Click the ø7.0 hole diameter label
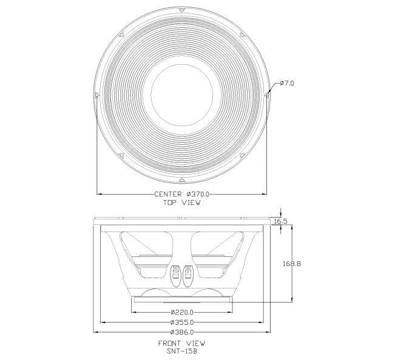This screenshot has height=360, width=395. pos(287,83)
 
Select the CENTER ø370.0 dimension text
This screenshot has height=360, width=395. pos(181,194)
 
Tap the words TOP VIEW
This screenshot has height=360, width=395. pos(181,202)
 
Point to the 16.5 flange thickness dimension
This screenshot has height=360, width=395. pos(280,221)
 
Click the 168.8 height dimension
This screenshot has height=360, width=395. pos(291,264)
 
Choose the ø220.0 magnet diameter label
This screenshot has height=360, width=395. pos(182,313)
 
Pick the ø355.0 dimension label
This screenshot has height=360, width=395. pos(182,322)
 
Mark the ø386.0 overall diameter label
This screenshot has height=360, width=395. pos(182,332)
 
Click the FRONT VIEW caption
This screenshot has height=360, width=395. pos(181,344)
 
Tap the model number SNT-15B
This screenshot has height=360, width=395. pos(181,351)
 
